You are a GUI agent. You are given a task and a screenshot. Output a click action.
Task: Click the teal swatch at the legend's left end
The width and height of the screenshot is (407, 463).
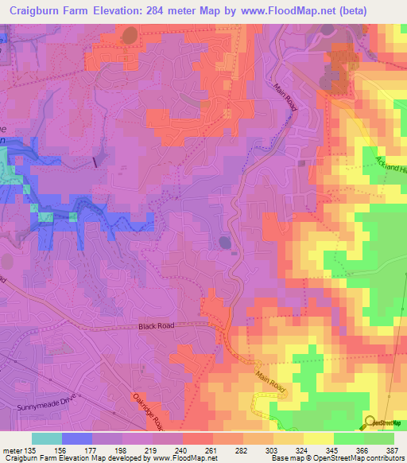[47, 438]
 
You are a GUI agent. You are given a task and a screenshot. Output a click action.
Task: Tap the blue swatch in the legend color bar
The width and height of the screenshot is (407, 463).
[77, 438]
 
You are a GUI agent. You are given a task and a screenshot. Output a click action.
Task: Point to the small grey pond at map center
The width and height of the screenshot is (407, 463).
[224, 243]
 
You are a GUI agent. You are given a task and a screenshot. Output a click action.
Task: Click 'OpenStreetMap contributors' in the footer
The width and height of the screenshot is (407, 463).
[362, 458]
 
